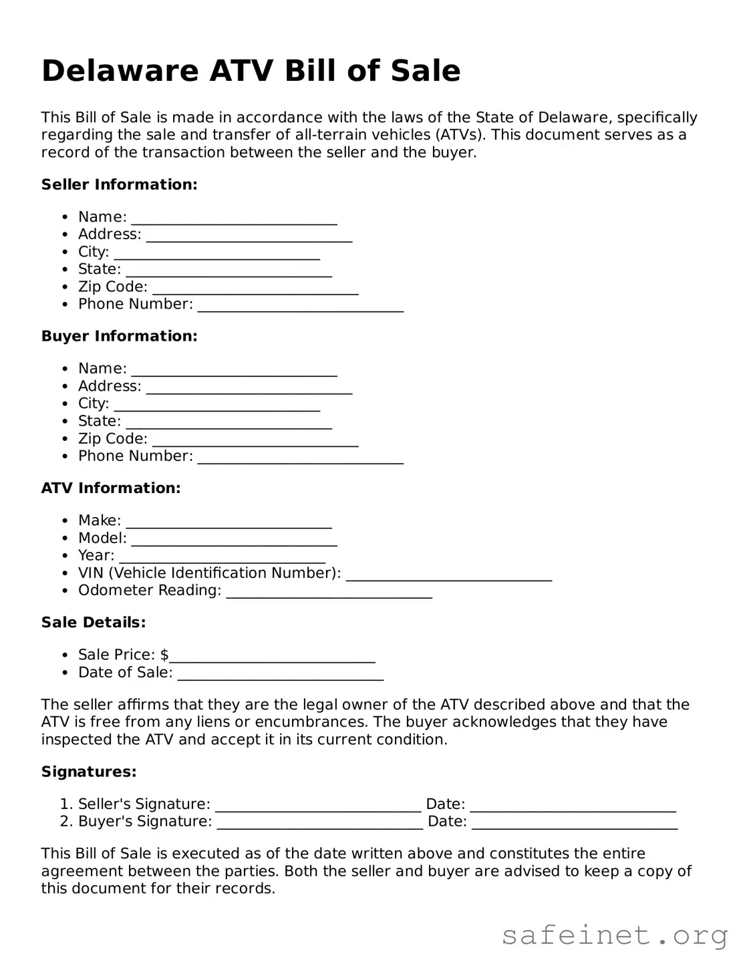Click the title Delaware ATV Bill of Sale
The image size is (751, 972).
click(x=251, y=71)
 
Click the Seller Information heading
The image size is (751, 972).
click(x=119, y=184)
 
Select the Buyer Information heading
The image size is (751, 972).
click(x=119, y=336)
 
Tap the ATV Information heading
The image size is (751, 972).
click(x=111, y=488)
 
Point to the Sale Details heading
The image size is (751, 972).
click(x=94, y=623)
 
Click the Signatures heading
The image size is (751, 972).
click(x=89, y=772)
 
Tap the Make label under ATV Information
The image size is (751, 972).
click(x=99, y=520)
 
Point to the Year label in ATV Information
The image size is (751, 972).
click(x=96, y=556)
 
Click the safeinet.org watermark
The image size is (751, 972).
click(x=615, y=935)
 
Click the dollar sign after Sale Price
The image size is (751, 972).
click(x=164, y=655)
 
